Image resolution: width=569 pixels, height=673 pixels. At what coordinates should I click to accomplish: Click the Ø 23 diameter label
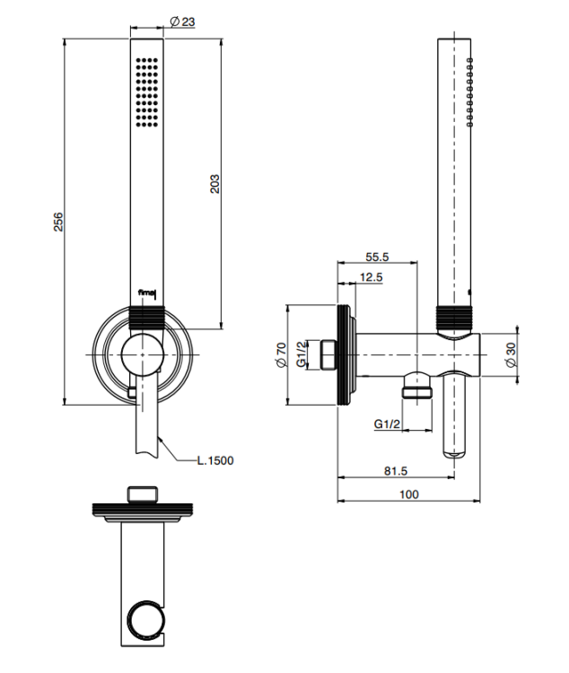[x=182, y=22]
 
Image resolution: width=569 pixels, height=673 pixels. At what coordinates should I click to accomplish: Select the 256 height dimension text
[x=58, y=222]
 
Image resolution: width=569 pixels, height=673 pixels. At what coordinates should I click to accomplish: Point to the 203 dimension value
[x=214, y=184]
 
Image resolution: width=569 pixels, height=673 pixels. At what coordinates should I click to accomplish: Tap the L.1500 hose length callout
[x=215, y=460]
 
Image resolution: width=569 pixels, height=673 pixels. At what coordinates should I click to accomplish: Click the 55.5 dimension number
[x=377, y=257]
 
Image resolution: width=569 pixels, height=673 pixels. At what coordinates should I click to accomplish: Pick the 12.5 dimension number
[x=371, y=277]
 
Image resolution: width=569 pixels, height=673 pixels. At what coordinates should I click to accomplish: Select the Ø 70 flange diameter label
[x=281, y=354]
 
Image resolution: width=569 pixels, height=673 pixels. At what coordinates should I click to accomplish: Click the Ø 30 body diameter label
[x=511, y=354]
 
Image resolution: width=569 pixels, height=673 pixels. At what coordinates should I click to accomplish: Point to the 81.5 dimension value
[x=396, y=471]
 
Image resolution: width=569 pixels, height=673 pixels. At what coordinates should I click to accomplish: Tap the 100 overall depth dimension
[x=409, y=494]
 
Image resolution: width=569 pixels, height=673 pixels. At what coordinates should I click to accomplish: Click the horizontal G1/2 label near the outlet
[x=387, y=424]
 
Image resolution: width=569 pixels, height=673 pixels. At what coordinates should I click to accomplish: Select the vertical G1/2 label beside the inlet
[x=302, y=354]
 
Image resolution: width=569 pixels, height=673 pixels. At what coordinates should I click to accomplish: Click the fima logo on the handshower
[x=145, y=293]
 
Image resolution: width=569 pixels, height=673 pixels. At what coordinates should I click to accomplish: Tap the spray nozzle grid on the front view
[x=146, y=92]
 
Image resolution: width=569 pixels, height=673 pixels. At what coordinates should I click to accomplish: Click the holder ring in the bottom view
[x=147, y=620]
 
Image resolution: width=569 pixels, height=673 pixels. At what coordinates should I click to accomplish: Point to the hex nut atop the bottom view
[x=143, y=494]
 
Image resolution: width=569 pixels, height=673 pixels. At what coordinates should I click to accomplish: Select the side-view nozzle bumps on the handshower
[x=470, y=92]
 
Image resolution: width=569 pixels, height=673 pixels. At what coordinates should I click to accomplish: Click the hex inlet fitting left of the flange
[x=329, y=354]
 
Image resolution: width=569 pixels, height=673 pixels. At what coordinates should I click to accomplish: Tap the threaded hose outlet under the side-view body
[x=417, y=387]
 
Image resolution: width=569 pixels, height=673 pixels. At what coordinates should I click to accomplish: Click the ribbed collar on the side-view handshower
[x=454, y=319]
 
